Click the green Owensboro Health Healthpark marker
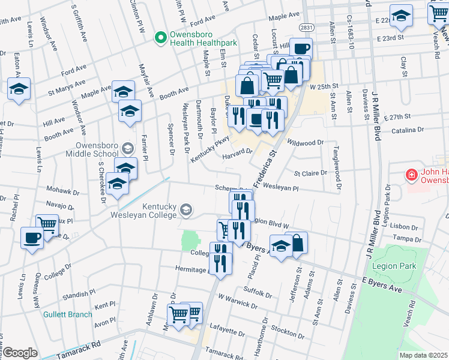click(x=160, y=38)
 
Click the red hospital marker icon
click(x=412, y=175)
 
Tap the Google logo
click(x=20, y=353)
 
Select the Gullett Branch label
click(x=67, y=314)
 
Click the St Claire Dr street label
click(x=310, y=173)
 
